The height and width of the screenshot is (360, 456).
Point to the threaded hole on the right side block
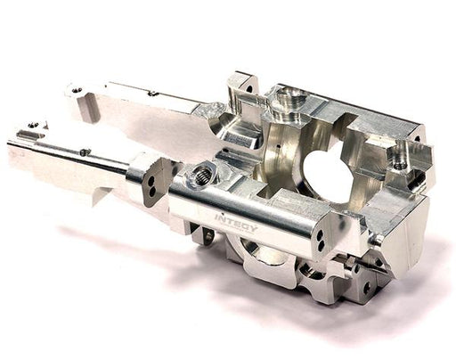pos(400,164)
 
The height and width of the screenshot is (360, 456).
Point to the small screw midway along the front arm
pos(85,152)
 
